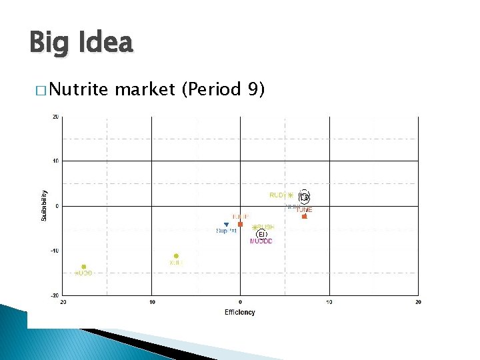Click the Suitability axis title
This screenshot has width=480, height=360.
point(44,206)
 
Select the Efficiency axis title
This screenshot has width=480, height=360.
point(240,312)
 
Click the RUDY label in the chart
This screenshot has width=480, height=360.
point(277,195)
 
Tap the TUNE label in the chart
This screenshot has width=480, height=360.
point(304,209)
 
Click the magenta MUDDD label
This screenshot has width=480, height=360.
point(261,241)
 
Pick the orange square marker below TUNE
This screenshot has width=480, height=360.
point(305,216)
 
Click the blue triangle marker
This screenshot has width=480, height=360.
point(226,225)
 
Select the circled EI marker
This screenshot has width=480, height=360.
point(262,234)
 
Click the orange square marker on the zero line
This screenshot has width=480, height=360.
point(240,224)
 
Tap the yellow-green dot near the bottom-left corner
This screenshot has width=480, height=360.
point(84,267)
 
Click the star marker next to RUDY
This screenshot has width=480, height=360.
point(290,195)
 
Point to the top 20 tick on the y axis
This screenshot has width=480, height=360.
point(55,117)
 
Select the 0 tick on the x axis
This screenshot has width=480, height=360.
point(240,302)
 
